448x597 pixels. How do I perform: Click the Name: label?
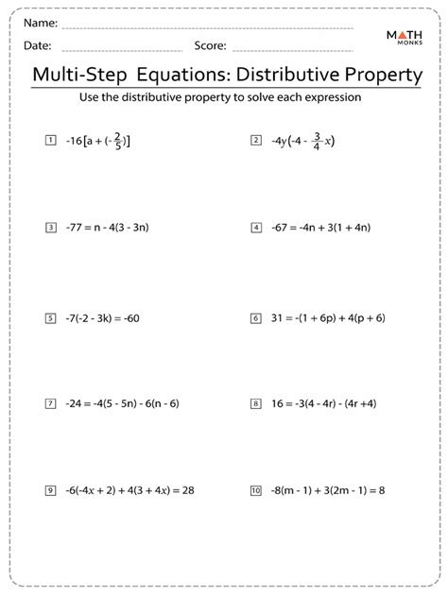point(41,22)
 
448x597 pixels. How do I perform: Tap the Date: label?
point(38,44)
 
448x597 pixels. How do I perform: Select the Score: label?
point(210,44)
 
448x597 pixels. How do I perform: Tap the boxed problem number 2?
point(255,141)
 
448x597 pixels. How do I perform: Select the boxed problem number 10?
point(255,490)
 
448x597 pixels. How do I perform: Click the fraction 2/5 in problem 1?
point(117,141)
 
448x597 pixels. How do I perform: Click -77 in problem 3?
point(76,228)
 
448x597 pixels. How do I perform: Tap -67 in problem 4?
point(282,228)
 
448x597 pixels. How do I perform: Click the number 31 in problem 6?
point(278,318)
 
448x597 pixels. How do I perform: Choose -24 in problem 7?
point(76,403)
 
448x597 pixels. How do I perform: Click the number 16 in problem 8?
point(278,403)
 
